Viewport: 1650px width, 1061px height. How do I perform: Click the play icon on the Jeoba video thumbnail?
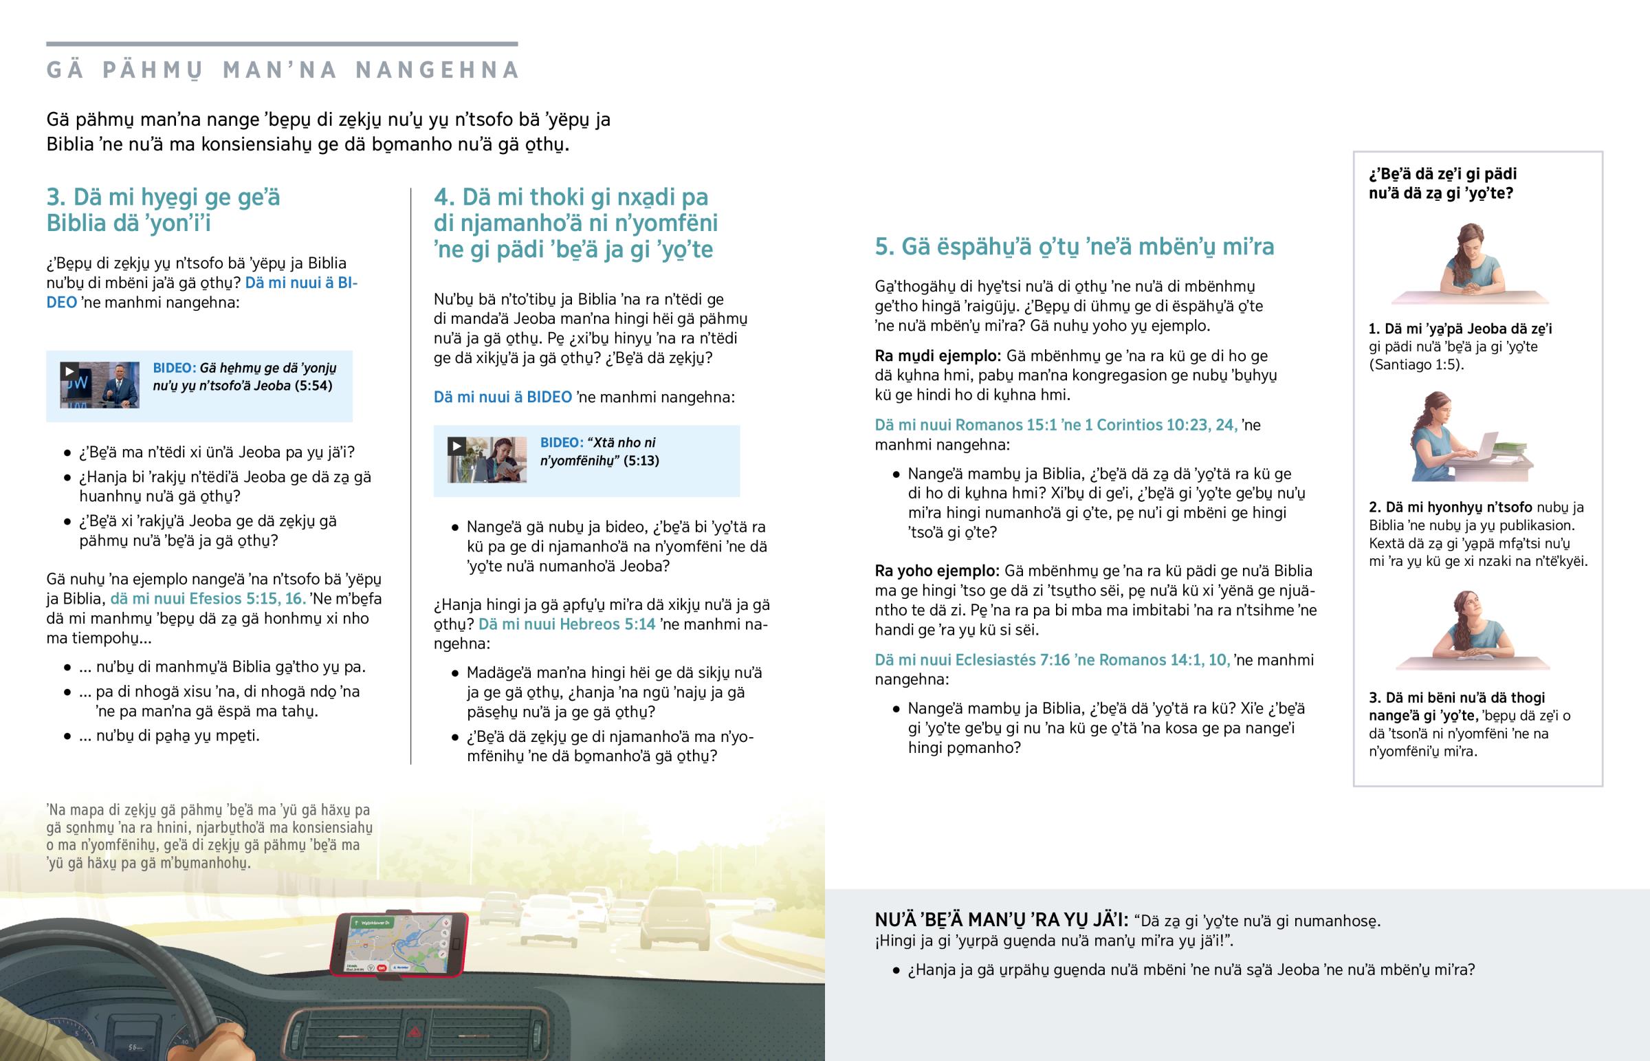[69, 371]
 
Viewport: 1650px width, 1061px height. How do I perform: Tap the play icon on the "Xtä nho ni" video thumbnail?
[456, 446]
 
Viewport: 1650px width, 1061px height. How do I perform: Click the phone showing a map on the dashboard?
[399, 944]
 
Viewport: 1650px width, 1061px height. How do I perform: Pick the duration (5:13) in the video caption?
[641, 461]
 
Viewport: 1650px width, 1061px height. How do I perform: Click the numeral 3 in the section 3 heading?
[54, 198]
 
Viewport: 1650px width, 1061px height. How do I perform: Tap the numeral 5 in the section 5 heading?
[882, 247]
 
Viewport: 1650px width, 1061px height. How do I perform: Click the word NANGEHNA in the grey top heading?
[437, 70]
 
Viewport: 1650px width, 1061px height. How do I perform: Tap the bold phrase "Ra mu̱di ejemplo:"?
[937, 356]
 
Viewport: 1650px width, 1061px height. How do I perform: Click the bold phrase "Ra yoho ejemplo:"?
[936, 571]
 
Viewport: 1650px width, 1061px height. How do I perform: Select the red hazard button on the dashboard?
[415, 1032]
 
